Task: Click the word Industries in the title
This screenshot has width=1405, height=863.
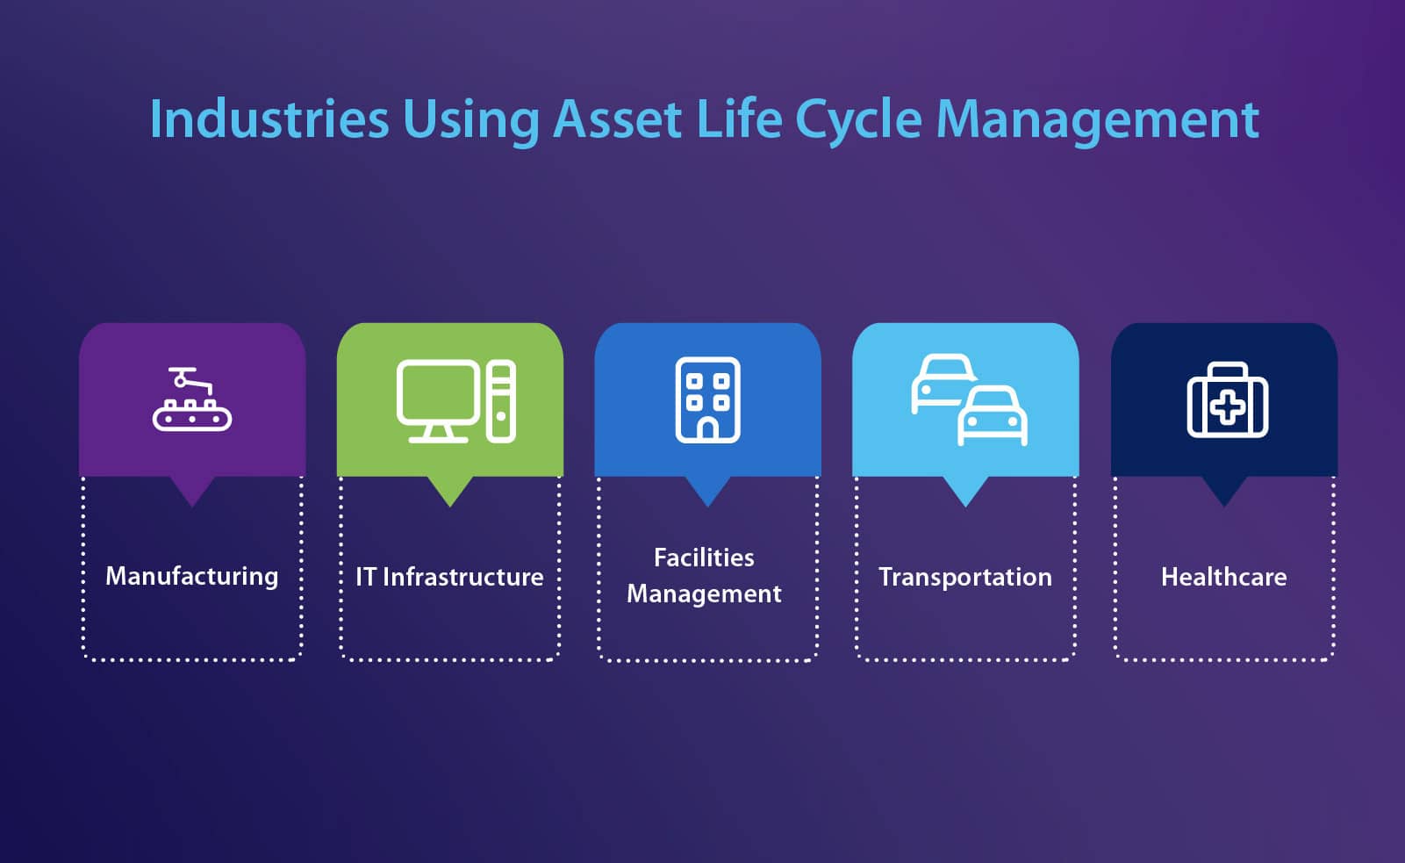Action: (269, 119)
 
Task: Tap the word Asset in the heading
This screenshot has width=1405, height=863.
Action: (617, 119)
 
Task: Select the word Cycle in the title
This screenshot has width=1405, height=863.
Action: (858, 122)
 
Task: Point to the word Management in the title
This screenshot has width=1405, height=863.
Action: (1097, 122)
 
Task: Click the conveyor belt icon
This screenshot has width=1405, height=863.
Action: (192, 399)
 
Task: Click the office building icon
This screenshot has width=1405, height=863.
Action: (707, 400)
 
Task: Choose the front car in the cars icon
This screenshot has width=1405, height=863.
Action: (993, 415)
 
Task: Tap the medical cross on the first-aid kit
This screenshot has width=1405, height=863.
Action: (1228, 407)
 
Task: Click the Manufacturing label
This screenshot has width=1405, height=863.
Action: (192, 577)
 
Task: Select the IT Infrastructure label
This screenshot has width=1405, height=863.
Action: (449, 577)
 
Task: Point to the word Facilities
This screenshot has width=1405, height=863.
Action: (704, 558)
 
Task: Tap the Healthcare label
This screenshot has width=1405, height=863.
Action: (1223, 577)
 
